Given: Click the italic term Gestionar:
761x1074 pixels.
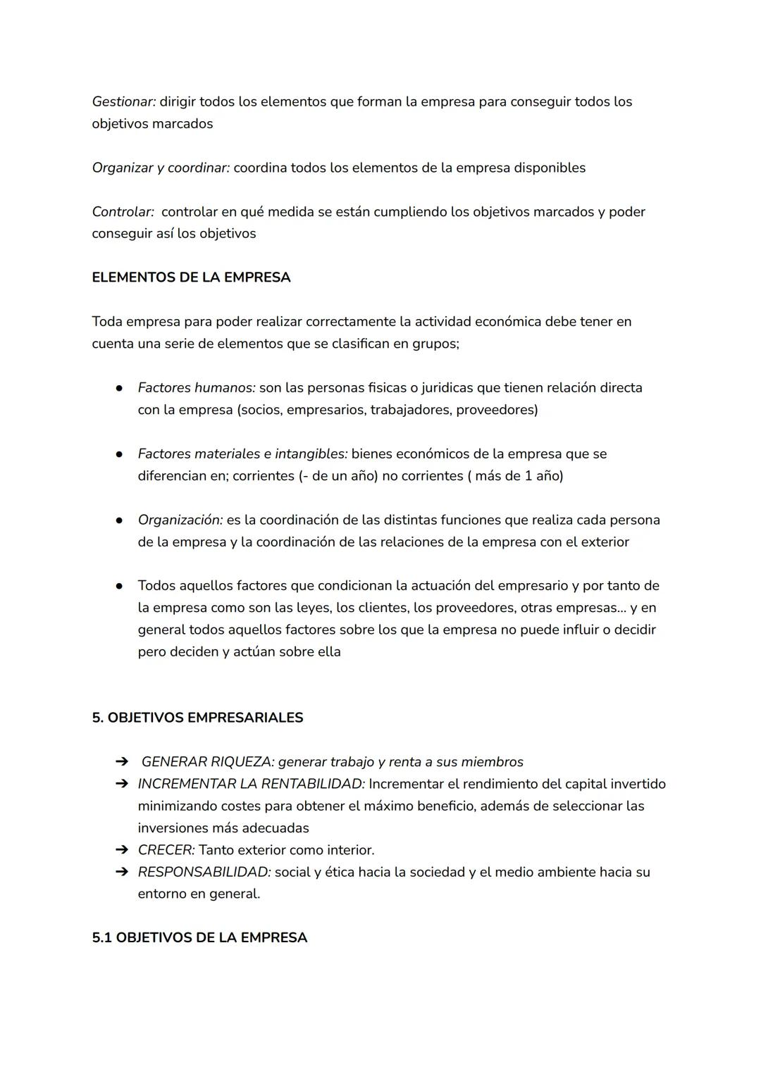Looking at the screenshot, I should [124, 101].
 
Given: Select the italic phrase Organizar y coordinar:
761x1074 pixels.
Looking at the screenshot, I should [161, 168].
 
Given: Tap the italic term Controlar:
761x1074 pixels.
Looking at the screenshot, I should [123, 212].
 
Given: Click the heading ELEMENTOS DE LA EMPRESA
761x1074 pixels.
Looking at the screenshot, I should [191, 277].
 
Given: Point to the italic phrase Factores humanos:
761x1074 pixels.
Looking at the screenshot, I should [197, 387].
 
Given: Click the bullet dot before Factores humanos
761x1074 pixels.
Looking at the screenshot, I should [120, 388].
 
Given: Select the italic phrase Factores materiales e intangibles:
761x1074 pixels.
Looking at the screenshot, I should [242, 454].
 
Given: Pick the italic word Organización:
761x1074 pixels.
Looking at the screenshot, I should [180, 520].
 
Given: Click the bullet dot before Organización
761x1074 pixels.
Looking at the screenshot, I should [120, 520].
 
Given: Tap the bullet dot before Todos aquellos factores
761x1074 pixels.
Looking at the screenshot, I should [120, 586].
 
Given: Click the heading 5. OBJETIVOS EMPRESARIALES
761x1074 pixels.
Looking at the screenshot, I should [197, 718].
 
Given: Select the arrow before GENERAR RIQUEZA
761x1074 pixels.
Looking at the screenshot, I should [122, 762].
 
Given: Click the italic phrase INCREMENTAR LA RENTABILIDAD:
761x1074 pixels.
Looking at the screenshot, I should [251, 784].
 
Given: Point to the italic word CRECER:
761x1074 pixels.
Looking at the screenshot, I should [166, 850].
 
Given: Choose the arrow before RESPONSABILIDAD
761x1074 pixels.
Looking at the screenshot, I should [122, 872].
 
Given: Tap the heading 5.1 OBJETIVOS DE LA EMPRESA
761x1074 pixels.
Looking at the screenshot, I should [199, 938].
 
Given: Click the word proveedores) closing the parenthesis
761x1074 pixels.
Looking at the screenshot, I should [497, 410].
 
